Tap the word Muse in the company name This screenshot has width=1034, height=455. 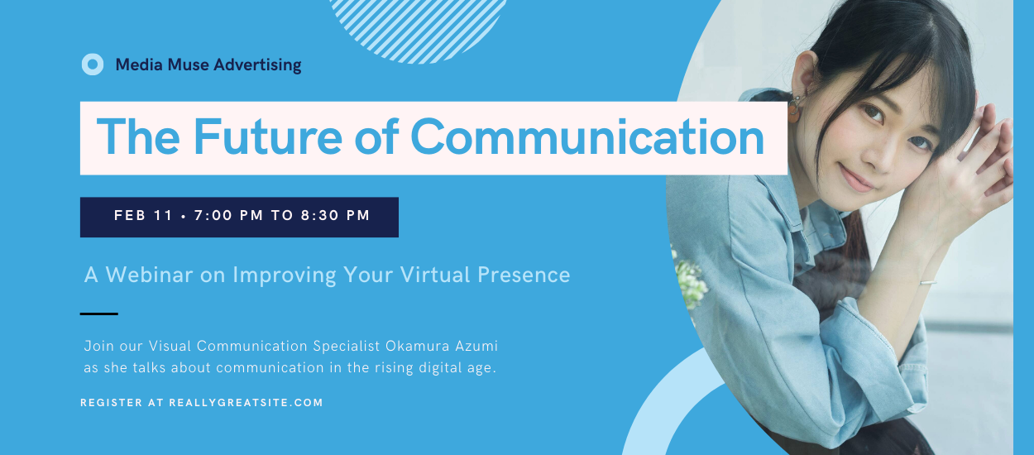pyautogui.click(x=188, y=65)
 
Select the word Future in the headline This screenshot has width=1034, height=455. pyautogui.click(x=268, y=136)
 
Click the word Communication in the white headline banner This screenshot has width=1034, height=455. pyautogui.click(x=586, y=136)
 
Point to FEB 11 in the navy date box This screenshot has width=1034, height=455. pyautogui.click(x=143, y=215)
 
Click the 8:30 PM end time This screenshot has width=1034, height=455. pyautogui.click(x=335, y=215)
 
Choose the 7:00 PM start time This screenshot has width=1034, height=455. pyautogui.click(x=228, y=215)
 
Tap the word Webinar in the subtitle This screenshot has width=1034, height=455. pyautogui.click(x=149, y=275)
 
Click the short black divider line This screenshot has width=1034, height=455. pyautogui.click(x=98, y=314)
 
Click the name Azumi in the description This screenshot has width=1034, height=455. pyautogui.click(x=476, y=346)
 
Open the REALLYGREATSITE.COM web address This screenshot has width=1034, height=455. pyautogui.click(x=246, y=402)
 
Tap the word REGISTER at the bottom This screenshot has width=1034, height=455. pyautogui.click(x=111, y=402)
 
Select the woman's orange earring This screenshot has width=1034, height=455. pyautogui.click(x=793, y=110)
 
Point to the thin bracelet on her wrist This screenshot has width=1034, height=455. pyautogui.click(x=928, y=282)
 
